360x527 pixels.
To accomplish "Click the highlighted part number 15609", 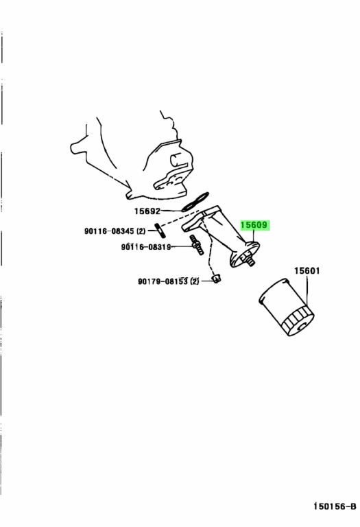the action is pos(254,225).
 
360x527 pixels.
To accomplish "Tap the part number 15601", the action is pos(307,270).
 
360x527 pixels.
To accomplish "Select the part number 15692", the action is pos(147,211).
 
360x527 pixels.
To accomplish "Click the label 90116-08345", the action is pos(109,231).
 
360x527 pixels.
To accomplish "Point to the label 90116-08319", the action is pos(146,247).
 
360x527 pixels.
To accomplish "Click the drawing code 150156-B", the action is pos(335,506).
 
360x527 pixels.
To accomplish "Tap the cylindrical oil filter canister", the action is pos(287,307).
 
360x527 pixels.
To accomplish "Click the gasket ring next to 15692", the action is pos(195,202).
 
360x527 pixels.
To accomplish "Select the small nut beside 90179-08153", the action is pos(217,279).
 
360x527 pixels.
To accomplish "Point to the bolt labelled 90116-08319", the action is pos(197,245).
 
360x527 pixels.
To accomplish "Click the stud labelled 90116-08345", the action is pos(160,229).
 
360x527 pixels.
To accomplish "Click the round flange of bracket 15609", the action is pos(245,255).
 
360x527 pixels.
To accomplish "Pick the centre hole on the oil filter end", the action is pos(302,325).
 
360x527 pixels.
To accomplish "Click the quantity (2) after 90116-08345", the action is pos(141,231).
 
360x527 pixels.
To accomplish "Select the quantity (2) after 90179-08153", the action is pos(194,281).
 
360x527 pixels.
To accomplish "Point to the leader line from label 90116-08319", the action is pos(181,247).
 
